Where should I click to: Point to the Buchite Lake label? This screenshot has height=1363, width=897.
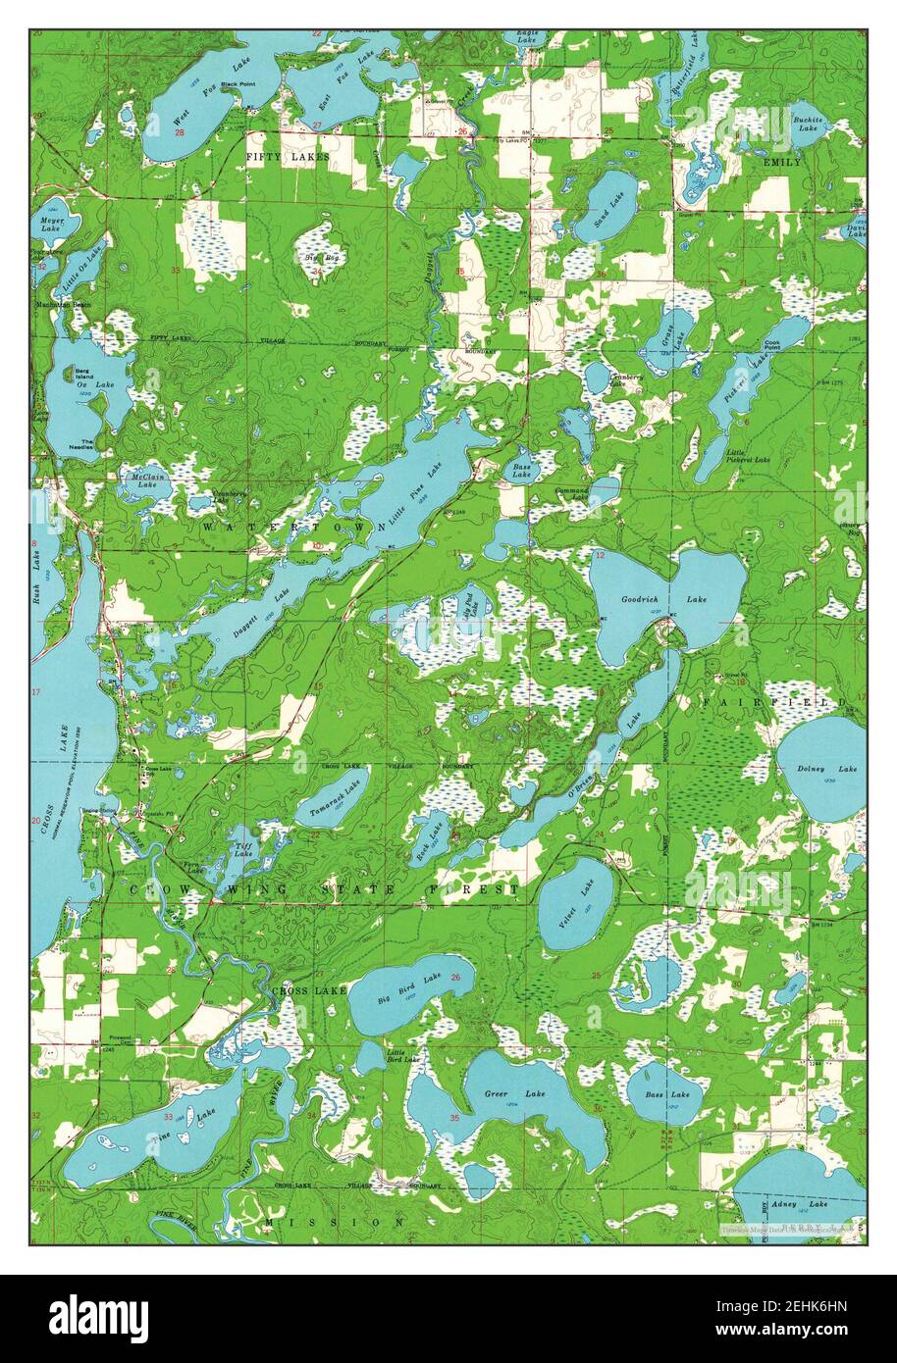(808, 123)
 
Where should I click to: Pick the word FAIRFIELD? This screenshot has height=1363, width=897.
(772, 703)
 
